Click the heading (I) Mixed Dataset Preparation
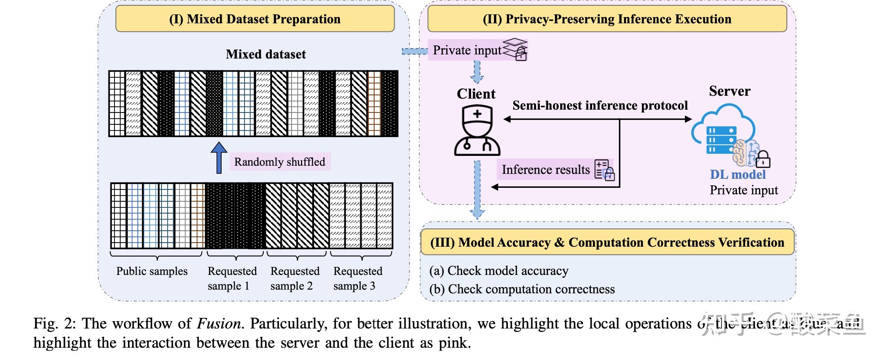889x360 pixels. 255,19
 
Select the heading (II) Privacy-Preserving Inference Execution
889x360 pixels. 607,19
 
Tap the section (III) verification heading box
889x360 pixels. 607,242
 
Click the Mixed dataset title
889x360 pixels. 266,54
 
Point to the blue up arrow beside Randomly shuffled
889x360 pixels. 219,157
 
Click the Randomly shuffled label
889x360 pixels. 280,162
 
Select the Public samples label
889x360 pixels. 152,271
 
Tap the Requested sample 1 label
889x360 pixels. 232,278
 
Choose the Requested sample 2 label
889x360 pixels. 295,278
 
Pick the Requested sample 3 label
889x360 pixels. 358,278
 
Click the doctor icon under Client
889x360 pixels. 477,131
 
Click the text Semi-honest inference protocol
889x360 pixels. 600,106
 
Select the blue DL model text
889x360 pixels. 738,175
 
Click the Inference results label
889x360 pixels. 546,170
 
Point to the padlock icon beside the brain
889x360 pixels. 762,159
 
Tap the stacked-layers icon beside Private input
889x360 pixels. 516,49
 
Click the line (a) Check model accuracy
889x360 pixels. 499,271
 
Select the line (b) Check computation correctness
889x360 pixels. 522,289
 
